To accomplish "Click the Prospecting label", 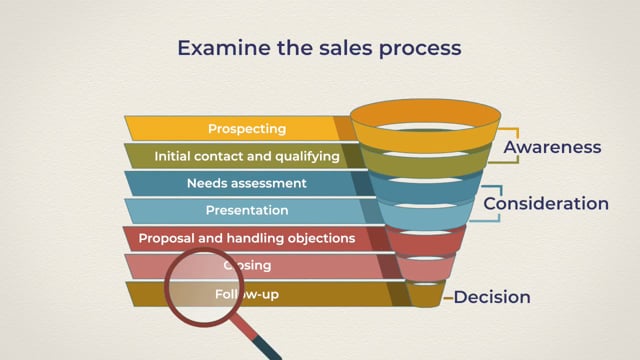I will (x=247, y=129).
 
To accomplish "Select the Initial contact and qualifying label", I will (x=247, y=156).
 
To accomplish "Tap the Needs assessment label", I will (x=247, y=183).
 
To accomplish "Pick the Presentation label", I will (x=247, y=211).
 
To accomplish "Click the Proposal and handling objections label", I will (x=247, y=239).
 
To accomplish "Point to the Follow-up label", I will (x=240, y=294).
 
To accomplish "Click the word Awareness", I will (x=552, y=147).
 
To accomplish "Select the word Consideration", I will (x=546, y=203).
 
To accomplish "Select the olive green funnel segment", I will (x=425, y=161).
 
